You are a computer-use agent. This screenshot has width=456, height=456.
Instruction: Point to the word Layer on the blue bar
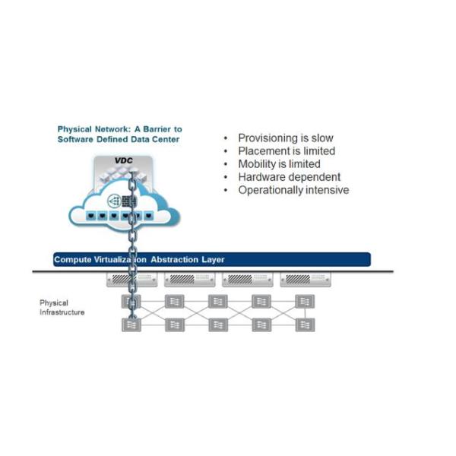213,260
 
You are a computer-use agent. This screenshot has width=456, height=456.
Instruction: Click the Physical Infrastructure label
62,308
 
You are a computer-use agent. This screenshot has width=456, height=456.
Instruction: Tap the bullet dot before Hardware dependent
226,177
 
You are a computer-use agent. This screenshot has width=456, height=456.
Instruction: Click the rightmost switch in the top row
304,301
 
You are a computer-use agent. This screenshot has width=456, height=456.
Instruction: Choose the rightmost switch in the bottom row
304,325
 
